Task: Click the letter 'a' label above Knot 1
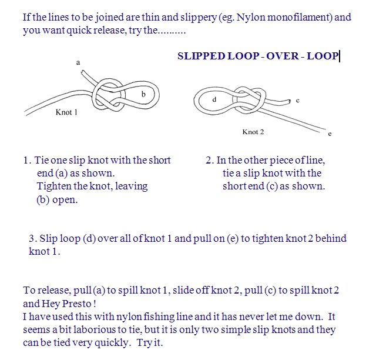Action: (78, 62)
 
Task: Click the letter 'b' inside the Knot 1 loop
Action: (143, 94)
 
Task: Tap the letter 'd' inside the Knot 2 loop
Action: (214, 99)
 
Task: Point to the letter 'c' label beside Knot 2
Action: (297, 101)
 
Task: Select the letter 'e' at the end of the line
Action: (330, 134)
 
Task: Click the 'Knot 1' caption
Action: (66, 112)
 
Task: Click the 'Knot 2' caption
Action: (253, 132)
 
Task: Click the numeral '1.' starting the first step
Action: (27, 160)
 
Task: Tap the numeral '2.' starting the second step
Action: (210, 160)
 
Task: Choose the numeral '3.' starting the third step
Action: (33, 238)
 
